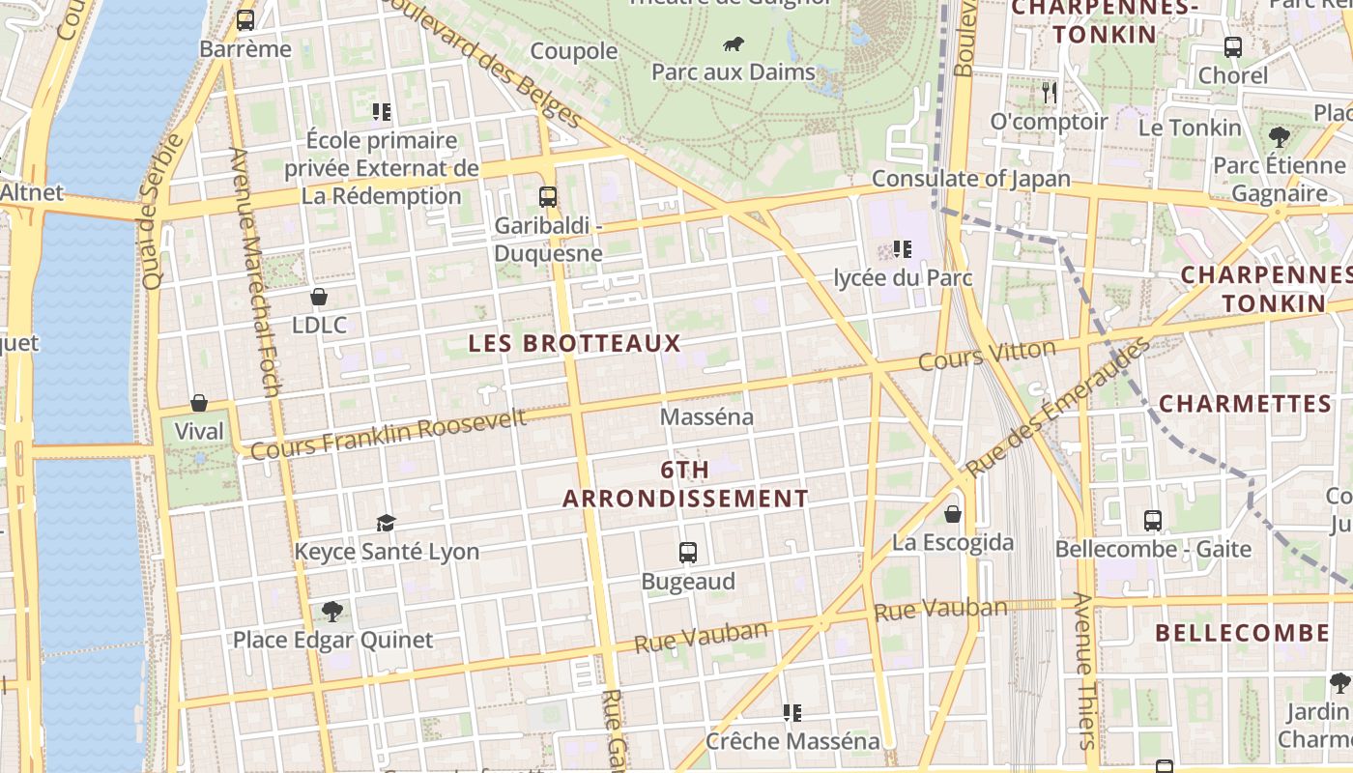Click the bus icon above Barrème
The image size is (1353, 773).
[245, 19]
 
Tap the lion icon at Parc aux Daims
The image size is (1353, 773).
[734, 43]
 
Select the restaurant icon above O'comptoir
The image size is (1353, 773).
[1050, 93]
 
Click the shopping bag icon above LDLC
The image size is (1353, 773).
[319, 297]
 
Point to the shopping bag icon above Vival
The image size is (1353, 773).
[199, 403]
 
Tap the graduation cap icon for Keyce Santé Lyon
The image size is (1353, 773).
[386, 523]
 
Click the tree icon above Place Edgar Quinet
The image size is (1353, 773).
[332, 611]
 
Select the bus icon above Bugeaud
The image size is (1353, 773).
[688, 553]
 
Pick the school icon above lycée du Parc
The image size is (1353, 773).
[903, 249]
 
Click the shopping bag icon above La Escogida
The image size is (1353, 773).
[953, 514]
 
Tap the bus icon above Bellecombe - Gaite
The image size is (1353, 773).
[1153, 521]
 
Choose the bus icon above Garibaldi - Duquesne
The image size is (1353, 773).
[548, 197]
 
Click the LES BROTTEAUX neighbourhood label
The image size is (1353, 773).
[575, 343]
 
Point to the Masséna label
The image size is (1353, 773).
[706, 417]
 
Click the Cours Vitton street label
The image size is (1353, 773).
[987, 356]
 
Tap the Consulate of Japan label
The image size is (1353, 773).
[971, 179]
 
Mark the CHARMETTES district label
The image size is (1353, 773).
[1245, 403]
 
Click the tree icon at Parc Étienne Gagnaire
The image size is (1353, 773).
[1279, 136]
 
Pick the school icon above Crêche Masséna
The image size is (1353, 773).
[792, 713]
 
